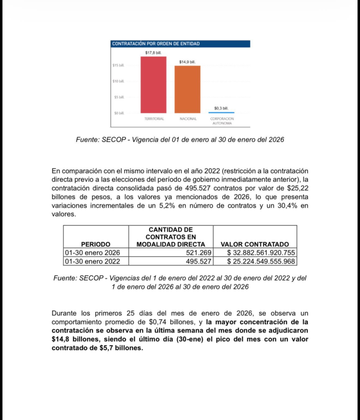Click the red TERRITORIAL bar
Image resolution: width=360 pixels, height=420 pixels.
point(154,84)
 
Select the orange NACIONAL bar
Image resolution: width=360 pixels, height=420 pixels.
point(188,89)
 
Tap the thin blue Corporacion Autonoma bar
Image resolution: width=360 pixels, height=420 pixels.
point(221,112)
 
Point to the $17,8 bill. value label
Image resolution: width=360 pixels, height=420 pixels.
point(154,52)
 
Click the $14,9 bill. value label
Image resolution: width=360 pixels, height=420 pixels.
point(188,62)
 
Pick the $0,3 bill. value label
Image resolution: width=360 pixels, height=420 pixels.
point(221,108)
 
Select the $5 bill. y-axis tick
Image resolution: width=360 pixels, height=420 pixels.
point(119,97)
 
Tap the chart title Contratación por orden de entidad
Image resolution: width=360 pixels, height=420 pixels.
point(156,43)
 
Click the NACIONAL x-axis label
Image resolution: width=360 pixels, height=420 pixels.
point(188,119)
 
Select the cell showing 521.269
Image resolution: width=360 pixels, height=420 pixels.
point(199,253)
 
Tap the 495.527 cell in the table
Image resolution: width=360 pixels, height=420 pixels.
point(199,261)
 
